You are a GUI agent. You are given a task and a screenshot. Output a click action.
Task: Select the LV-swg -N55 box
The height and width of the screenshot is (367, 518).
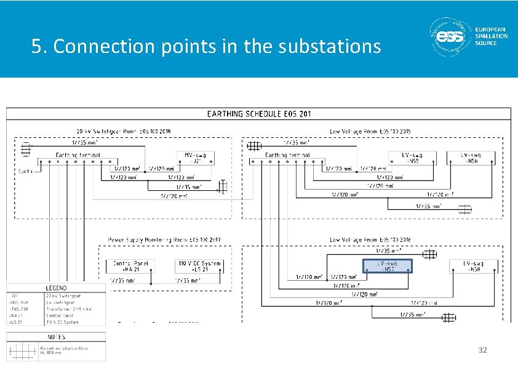click(412, 158)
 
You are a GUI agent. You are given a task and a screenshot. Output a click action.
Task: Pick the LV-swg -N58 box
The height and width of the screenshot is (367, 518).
click(473, 266)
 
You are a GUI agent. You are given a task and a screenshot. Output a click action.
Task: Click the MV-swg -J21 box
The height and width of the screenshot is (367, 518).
click(196, 158)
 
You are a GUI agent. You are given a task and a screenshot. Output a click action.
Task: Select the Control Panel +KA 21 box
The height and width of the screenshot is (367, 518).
click(130, 266)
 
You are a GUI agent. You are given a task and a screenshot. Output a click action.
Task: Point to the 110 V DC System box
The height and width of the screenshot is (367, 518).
click(199, 266)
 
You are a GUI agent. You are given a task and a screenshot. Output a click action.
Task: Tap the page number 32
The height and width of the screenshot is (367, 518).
click(482, 350)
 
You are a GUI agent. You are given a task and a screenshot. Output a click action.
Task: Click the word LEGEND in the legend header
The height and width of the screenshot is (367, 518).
click(57, 288)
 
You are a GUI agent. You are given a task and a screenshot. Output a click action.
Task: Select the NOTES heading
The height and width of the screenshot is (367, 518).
click(56, 337)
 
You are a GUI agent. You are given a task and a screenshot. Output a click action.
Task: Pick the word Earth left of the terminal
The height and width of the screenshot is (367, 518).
click(25, 171)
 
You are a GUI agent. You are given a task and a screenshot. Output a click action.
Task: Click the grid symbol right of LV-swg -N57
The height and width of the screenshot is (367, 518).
click(429, 254)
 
